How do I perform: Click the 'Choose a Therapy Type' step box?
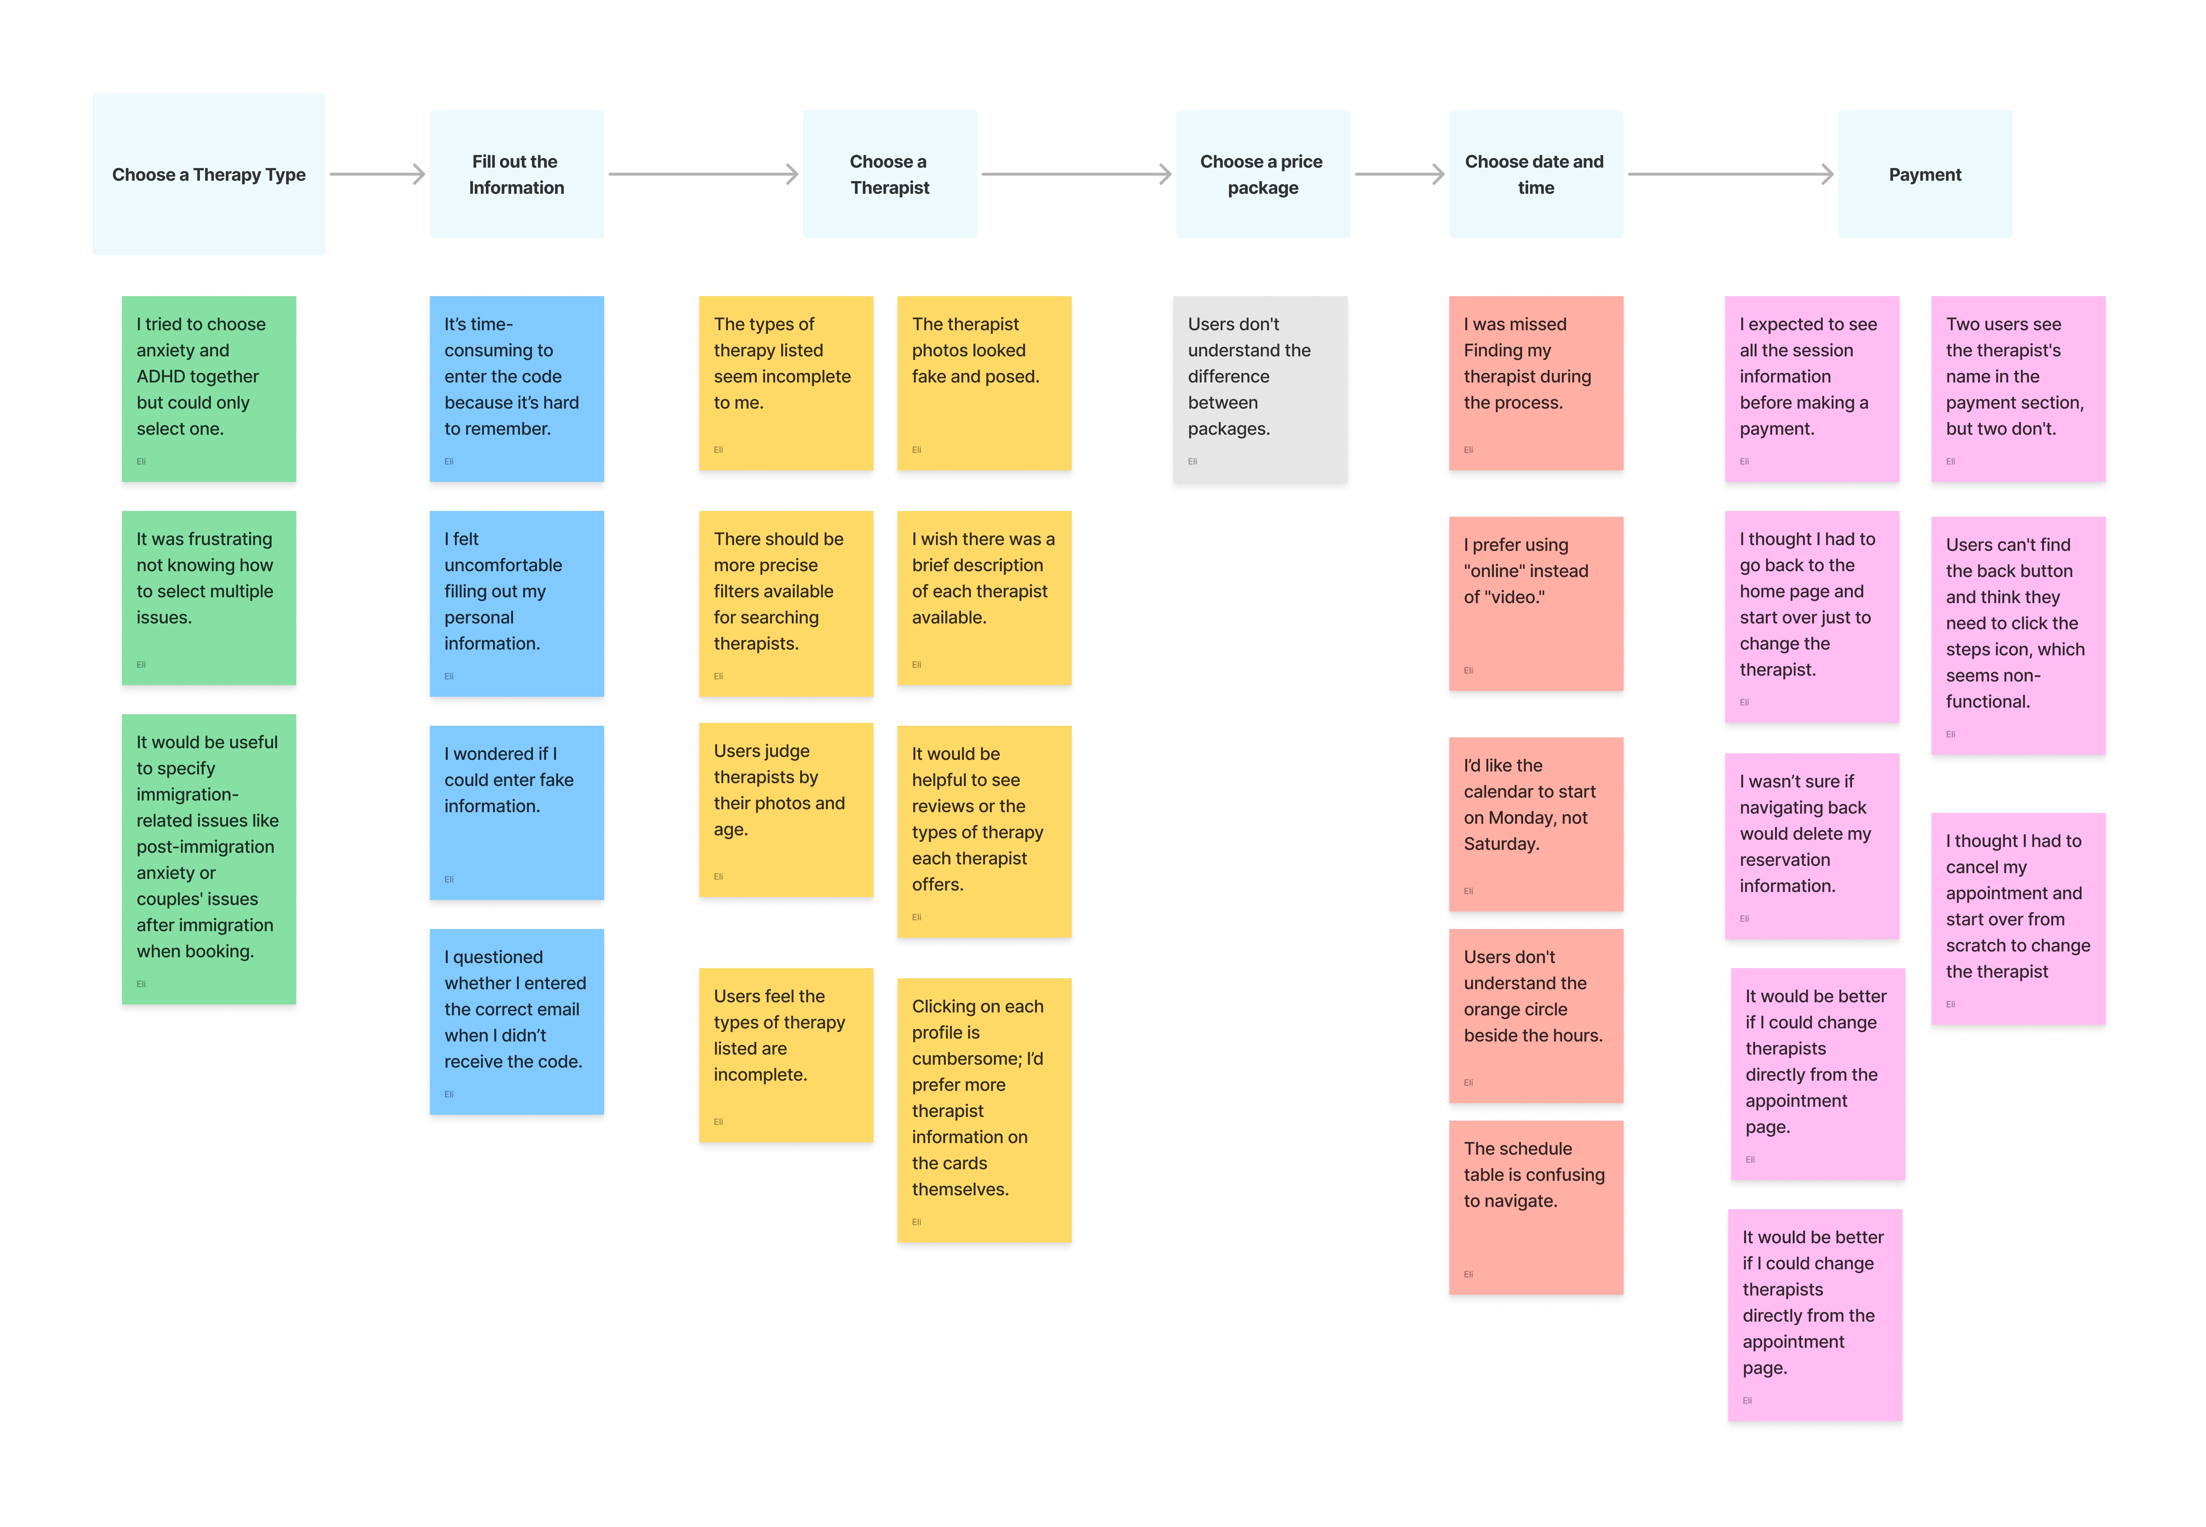coord(209,174)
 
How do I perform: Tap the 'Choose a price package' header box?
coord(1262,174)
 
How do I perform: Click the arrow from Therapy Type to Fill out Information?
coord(377,174)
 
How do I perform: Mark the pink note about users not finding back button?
coord(2018,635)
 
